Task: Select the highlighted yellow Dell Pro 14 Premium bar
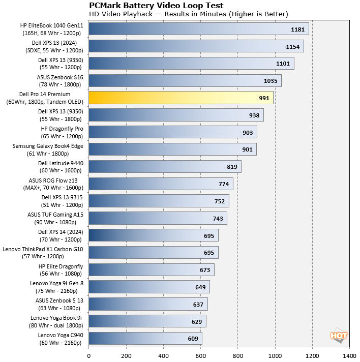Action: pyautogui.click(x=181, y=98)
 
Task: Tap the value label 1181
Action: pyautogui.click(x=297, y=29)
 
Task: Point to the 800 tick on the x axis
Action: pyautogui.click(x=237, y=356)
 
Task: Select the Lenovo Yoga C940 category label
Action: pyautogui.click(x=61, y=339)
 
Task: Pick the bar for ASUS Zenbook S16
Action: pyautogui.click(x=185, y=80)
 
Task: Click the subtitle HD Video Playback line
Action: pyautogui.click(x=188, y=14)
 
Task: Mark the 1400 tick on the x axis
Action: pyautogui.click(x=349, y=356)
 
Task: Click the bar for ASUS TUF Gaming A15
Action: pyautogui.click(x=158, y=218)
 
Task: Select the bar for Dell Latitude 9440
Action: pyautogui.click(x=165, y=166)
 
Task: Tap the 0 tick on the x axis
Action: pyautogui.click(x=89, y=356)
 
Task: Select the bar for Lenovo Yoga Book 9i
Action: pyautogui.click(x=147, y=321)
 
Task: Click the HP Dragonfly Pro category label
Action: pyautogui.click(x=62, y=132)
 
